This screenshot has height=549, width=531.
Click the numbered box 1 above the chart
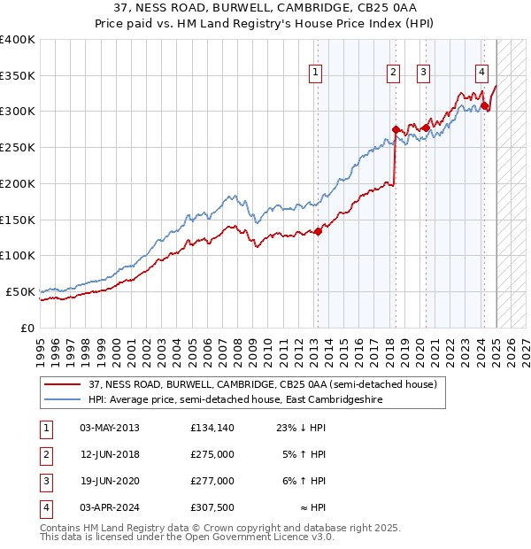click(x=316, y=73)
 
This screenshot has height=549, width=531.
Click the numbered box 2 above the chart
click(x=393, y=73)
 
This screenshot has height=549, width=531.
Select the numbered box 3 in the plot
click(x=423, y=73)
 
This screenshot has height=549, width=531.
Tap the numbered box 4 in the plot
click(x=481, y=73)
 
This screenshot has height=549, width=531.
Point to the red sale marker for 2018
click(x=396, y=129)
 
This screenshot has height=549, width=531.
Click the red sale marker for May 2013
click(x=318, y=232)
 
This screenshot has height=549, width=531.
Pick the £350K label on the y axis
click(x=19, y=76)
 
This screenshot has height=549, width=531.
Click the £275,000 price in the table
click(x=212, y=455)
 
